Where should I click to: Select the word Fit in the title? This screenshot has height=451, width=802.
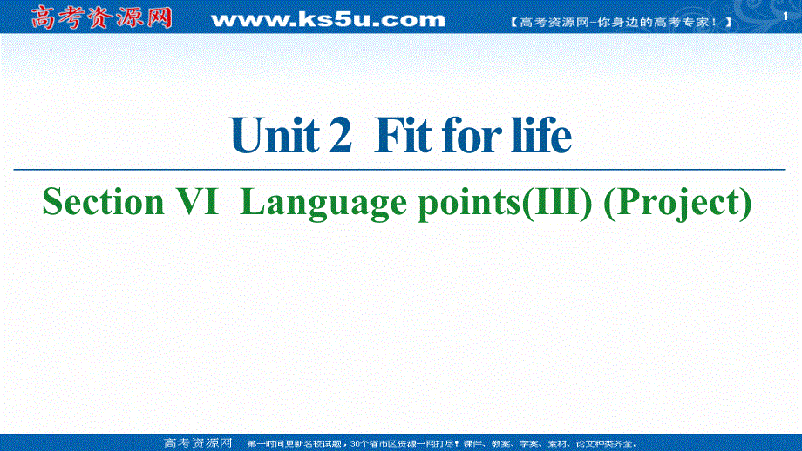[401, 137]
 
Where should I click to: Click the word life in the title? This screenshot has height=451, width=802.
[543, 137]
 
